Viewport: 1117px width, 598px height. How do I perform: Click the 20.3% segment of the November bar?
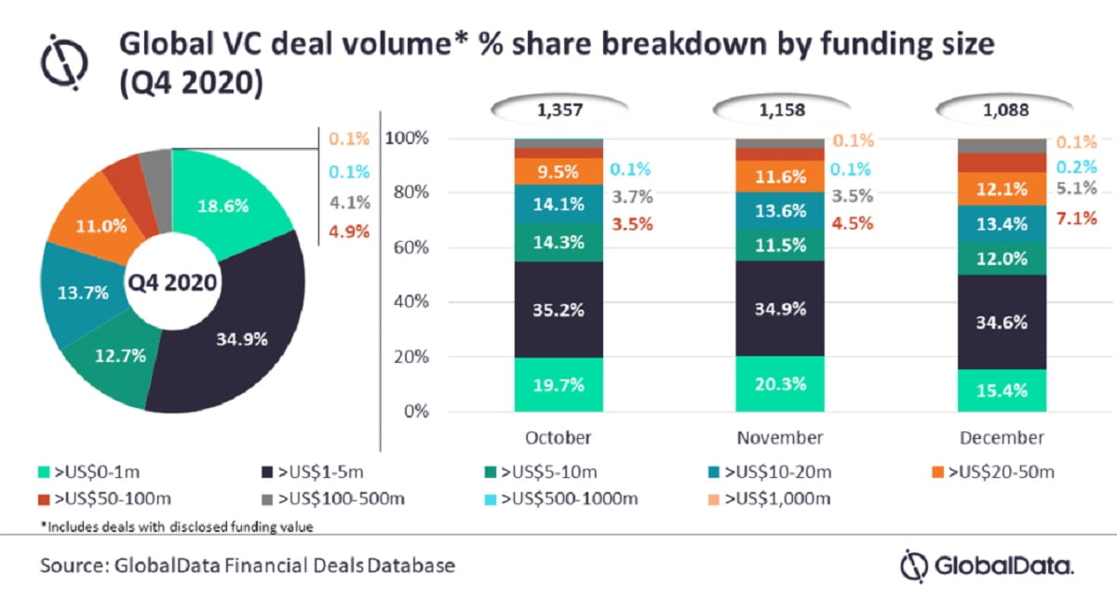pos(780,382)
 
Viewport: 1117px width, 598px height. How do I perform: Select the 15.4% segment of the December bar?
pos(1002,391)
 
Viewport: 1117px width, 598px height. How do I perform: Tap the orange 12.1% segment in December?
pos(1002,189)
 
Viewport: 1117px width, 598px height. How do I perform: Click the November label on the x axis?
pos(780,437)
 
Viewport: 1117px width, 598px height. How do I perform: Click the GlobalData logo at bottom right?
pos(987,565)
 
